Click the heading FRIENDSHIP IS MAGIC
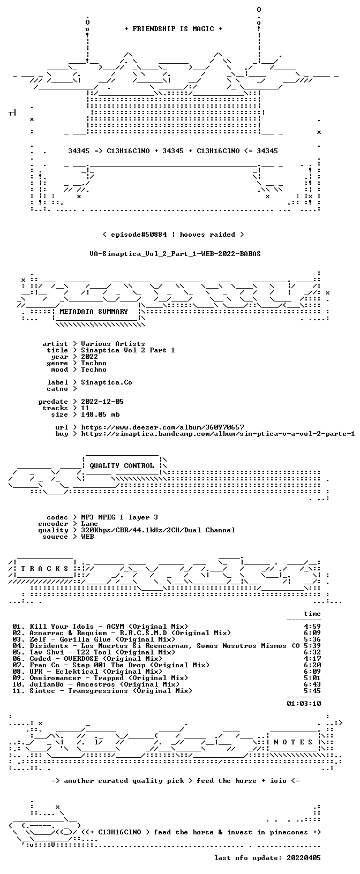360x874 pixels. pyautogui.click(x=174, y=29)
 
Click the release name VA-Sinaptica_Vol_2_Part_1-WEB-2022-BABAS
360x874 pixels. pyautogui.click(x=175, y=254)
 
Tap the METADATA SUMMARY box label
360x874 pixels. pyautogui.click(x=94, y=311)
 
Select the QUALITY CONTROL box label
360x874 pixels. pyautogui.click(x=122, y=465)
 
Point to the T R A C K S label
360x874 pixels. pyautogui.click(x=44, y=569)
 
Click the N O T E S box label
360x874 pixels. pyautogui.click(x=293, y=742)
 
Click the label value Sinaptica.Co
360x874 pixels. pyautogui.click(x=107, y=382)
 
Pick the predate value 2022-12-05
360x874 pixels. pyautogui.click(x=102, y=402)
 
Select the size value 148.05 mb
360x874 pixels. pyautogui.click(x=100, y=415)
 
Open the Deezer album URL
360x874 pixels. pyautogui.click(x=162, y=427)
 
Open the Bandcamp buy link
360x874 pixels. pyautogui.click(x=218, y=434)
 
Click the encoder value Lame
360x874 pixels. pyautogui.click(x=89, y=524)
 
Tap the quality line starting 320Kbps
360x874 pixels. pyautogui.click(x=158, y=530)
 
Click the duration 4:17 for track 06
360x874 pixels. pyautogui.click(x=312, y=659)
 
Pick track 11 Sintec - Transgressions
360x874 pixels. pyautogui.click(x=102, y=691)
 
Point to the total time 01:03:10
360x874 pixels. pyautogui.click(x=304, y=704)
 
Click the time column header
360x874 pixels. pyautogui.click(x=312, y=614)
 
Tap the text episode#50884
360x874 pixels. pyautogui.click(x=139, y=235)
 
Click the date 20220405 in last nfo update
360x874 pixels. pyautogui.click(x=304, y=857)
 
